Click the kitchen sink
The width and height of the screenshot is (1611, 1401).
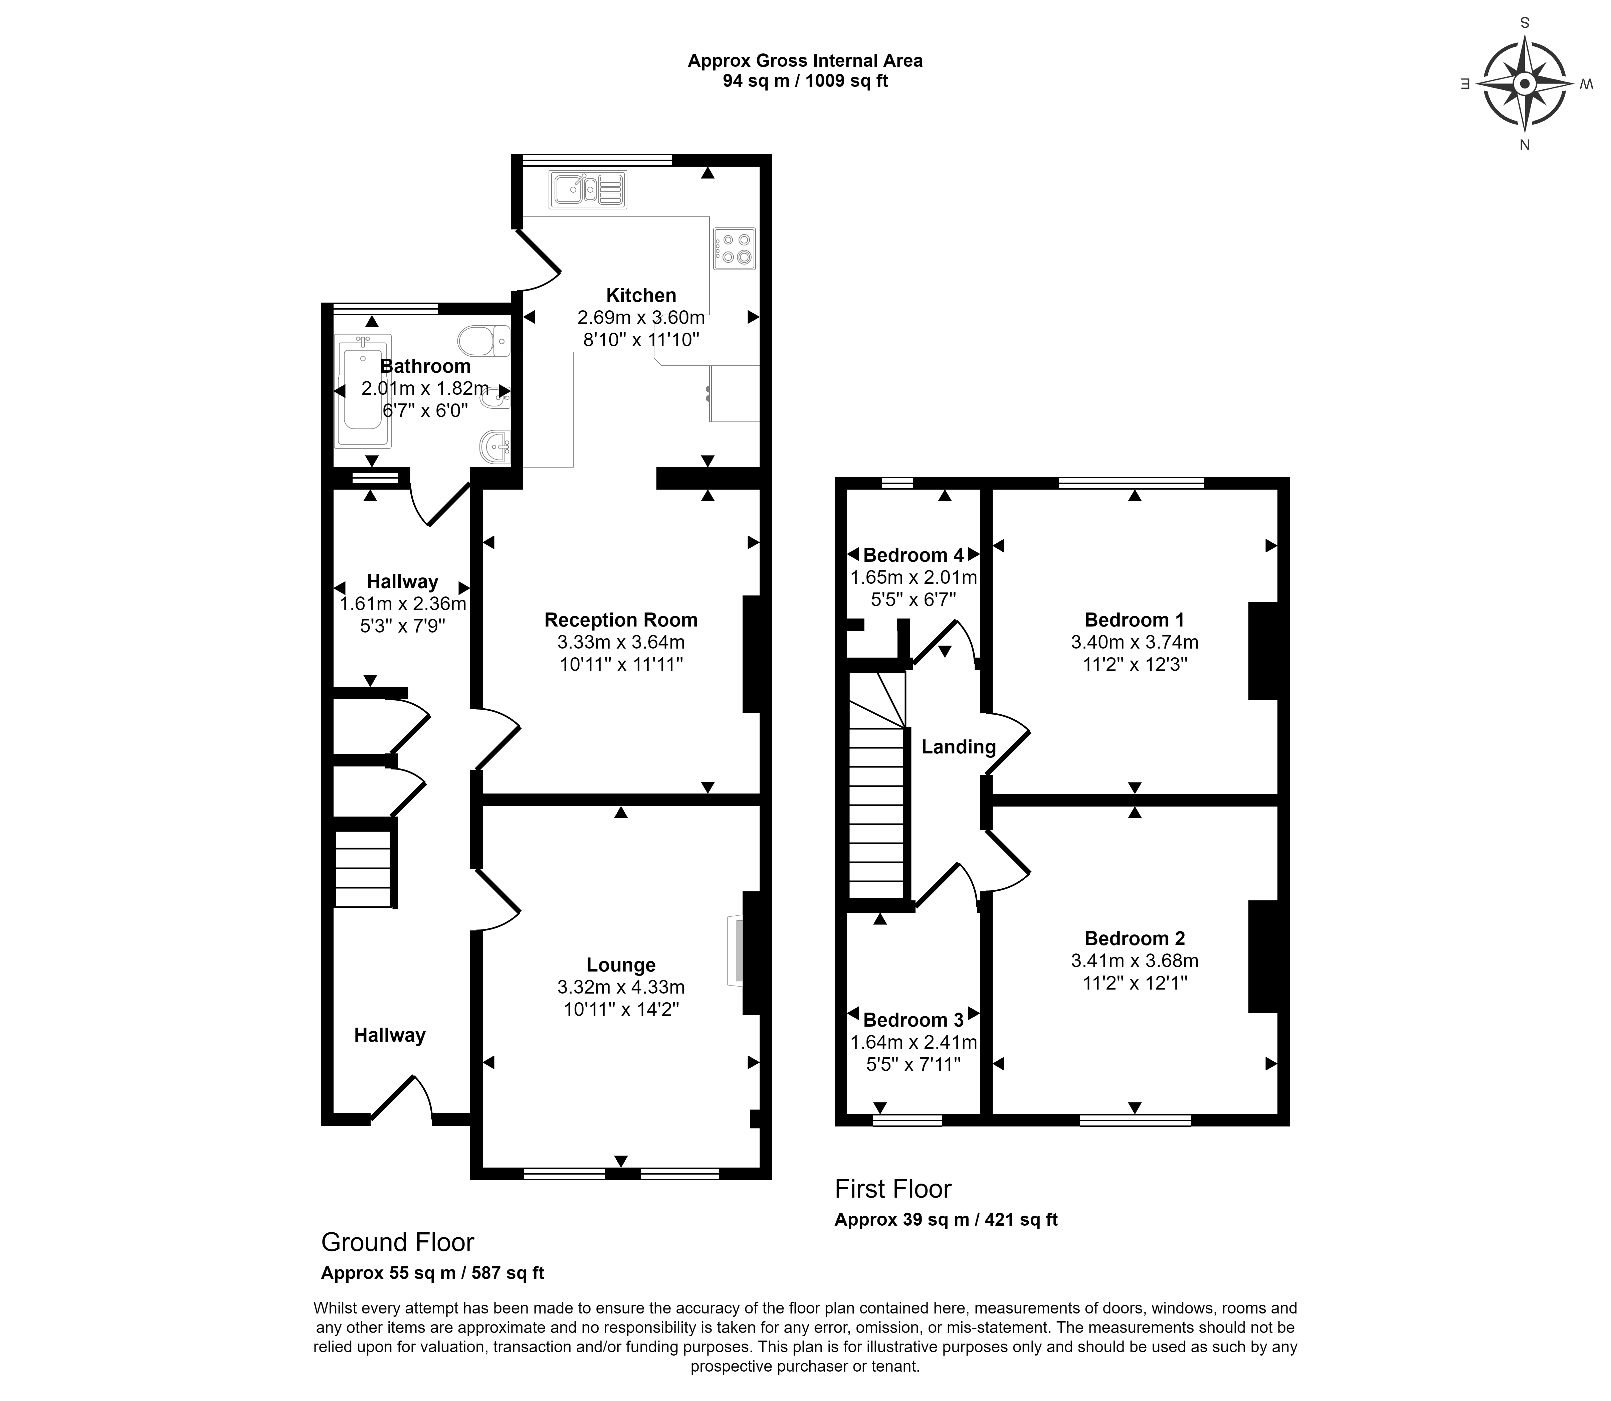pyautogui.click(x=588, y=189)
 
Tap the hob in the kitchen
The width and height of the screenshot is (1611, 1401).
pyautogui.click(x=734, y=248)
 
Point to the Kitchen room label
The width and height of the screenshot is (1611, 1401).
pyautogui.click(x=641, y=296)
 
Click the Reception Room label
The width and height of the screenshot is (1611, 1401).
pyautogui.click(x=621, y=620)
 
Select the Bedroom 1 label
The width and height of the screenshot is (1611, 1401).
pyautogui.click(x=1134, y=620)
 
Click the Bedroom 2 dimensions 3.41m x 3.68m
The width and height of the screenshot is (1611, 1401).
pyautogui.click(x=1134, y=961)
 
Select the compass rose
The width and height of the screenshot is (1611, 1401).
pyautogui.click(x=1524, y=83)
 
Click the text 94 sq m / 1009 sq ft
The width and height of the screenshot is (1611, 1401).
pyautogui.click(x=805, y=80)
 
